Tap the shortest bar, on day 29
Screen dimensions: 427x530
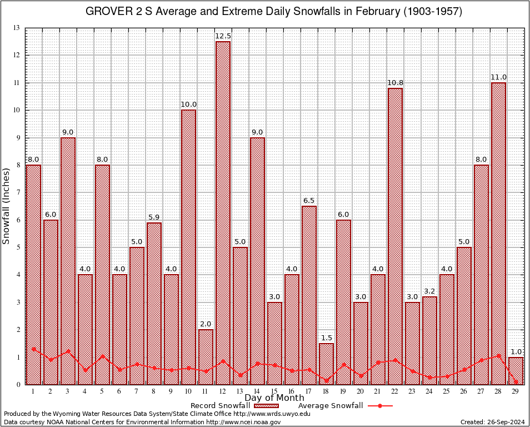[x=516, y=371]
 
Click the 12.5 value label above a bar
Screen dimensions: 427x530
[x=223, y=36]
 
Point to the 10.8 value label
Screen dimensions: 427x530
[x=395, y=83]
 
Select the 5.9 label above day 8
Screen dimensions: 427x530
[x=154, y=217]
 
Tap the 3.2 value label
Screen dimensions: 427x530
[x=429, y=291]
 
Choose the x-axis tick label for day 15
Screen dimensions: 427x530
[x=274, y=391]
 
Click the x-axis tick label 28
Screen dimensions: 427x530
[x=498, y=391]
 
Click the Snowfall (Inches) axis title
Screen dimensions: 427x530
[x=7, y=206]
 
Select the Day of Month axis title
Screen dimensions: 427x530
[x=274, y=398]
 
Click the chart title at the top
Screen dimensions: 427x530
[x=273, y=12]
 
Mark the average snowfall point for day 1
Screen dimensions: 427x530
[x=34, y=349]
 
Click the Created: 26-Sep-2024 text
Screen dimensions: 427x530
[x=492, y=422]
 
